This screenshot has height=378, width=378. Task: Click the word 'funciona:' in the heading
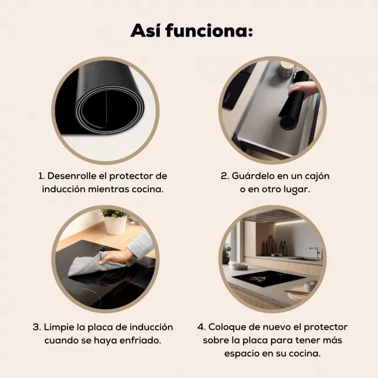209,31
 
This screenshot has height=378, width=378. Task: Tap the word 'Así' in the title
145,31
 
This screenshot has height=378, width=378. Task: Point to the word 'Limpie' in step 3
59,327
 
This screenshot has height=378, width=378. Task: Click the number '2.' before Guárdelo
224,176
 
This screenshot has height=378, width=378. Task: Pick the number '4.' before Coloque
201,327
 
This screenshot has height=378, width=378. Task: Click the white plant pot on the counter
116,224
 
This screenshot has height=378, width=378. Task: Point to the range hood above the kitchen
272,215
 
